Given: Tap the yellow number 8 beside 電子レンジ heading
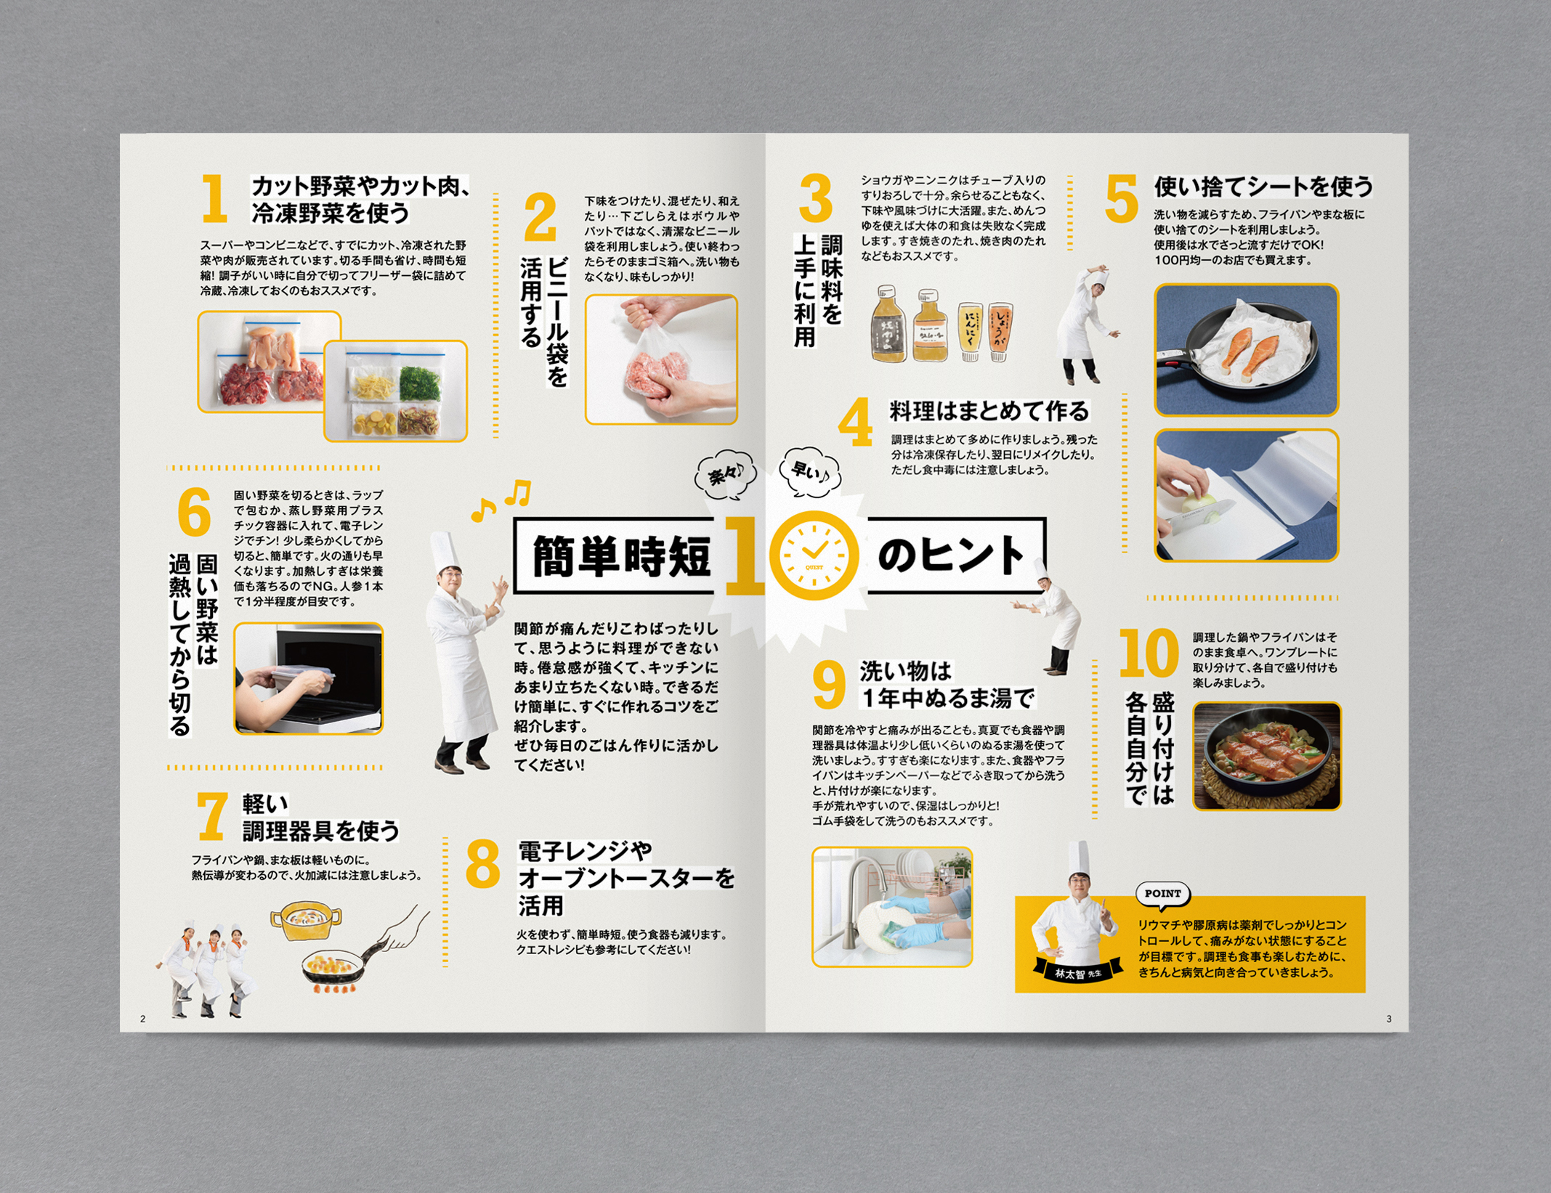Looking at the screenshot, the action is tap(483, 863).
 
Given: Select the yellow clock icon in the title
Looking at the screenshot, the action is tap(815, 555).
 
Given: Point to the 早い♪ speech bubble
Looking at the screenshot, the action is tap(810, 473).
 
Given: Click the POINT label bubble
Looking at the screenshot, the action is tap(1163, 895).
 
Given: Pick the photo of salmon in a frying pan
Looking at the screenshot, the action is tap(1247, 350).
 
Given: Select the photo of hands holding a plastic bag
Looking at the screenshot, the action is tap(661, 359).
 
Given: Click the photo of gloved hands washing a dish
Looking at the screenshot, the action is tap(892, 907).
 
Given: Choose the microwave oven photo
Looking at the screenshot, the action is tap(308, 679).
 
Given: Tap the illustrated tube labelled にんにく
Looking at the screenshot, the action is tap(970, 332).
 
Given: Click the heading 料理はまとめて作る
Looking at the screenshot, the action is tap(989, 412).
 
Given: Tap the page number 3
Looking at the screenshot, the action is tap(1389, 1019).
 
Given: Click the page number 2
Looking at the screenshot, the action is tap(142, 1019).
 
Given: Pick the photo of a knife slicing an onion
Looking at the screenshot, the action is tap(1247, 496).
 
